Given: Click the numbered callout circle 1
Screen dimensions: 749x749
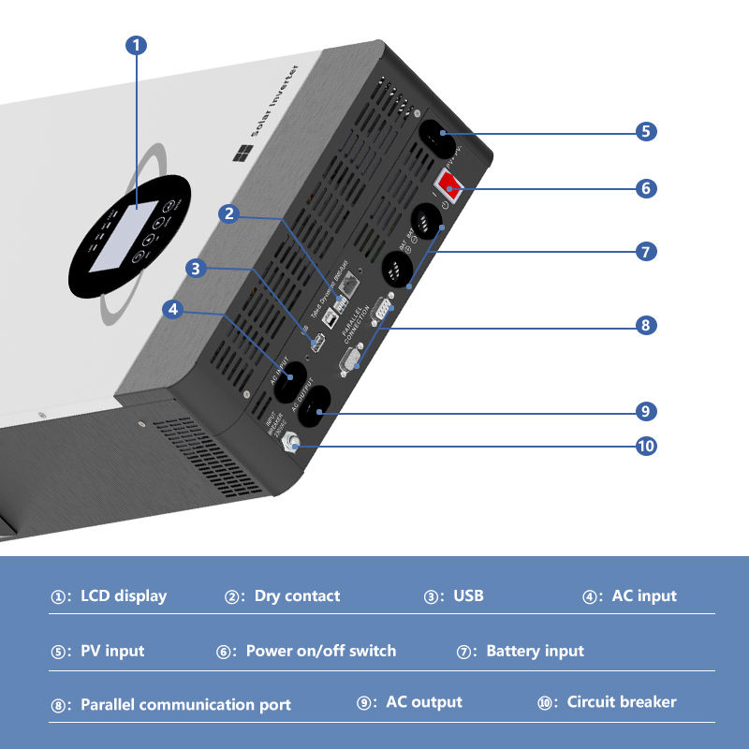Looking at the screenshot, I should click(x=137, y=45).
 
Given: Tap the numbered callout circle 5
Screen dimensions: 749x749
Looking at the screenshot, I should click(x=646, y=131).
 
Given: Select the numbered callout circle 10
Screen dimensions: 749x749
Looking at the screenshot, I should click(x=646, y=446).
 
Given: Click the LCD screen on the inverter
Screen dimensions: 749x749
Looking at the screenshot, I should click(x=121, y=236).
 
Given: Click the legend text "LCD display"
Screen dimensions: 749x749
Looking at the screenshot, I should click(x=124, y=595).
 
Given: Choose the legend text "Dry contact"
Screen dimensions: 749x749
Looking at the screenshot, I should click(x=297, y=595).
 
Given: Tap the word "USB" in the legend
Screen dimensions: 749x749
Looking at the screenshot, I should click(x=468, y=595).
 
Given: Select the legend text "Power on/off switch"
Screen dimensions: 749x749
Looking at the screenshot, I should click(x=320, y=651).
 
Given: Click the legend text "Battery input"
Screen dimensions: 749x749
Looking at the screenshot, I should click(x=535, y=651).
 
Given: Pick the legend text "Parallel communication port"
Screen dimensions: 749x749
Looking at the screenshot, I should click(x=185, y=705).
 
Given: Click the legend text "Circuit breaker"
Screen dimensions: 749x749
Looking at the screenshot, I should click(x=621, y=701).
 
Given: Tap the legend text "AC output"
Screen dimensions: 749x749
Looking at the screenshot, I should click(x=423, y=701).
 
